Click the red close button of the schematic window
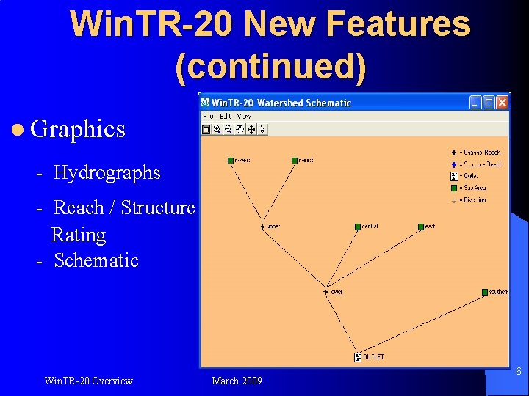(502, 103)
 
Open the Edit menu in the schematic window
(226, 116)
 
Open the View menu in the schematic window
(244, 116)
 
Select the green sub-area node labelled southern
(485, 292)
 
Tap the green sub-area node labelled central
(358, 227)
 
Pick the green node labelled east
(421, 227)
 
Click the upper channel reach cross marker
(262, 227)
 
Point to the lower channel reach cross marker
(325, 292)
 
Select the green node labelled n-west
(230, 160)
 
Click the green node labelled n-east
(294, 160)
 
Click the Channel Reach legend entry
(478, 153)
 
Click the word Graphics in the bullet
(78, 129)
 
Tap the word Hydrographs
(107, 172)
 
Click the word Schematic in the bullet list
(96, 260)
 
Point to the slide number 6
(518, 372)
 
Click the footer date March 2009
(237, 381)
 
